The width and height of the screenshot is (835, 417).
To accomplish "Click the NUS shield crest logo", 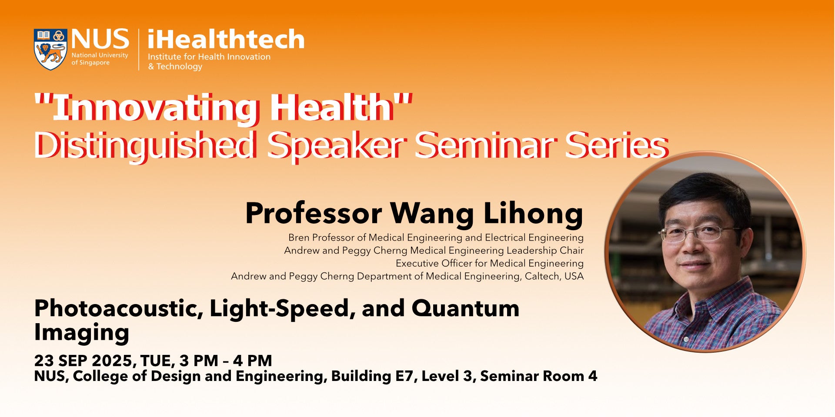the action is point(50,49).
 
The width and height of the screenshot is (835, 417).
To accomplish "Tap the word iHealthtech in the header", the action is point(226,39).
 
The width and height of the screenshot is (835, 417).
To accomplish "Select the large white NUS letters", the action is point(100,39).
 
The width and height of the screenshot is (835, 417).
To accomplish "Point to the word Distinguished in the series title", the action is point(145,145).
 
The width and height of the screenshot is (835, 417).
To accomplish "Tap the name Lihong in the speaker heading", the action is point(533,214).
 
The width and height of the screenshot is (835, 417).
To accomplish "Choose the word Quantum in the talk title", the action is point(465,308).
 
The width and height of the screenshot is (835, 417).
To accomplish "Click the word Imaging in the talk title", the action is point(82,333).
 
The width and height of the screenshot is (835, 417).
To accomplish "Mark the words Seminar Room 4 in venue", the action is point(538,376).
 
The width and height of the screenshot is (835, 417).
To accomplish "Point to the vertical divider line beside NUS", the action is point(139,50).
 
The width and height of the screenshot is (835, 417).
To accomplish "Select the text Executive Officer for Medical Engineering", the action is point(490,263).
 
